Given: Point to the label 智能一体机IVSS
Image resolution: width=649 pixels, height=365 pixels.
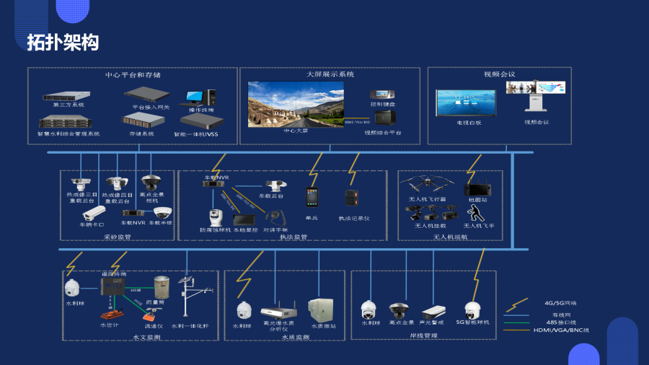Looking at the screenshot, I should pyautogui.click(x=201, y=134).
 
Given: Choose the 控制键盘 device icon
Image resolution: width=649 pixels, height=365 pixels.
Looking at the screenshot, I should pyautogui.click(x=382, y=94).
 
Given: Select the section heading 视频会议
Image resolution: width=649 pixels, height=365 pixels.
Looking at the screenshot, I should pyautogui.click(x=499, y=74).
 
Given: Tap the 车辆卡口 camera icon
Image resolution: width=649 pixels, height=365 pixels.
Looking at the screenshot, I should pyautogui.click(x=95, y=214).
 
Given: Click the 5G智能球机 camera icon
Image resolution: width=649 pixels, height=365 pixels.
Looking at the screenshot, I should pyautogui.click(x=472, y=311).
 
